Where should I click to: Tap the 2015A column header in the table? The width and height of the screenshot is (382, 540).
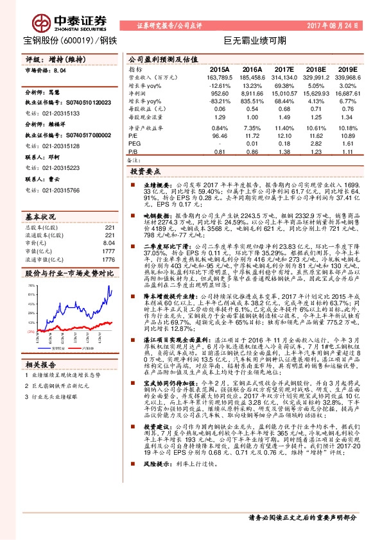pos(219,69)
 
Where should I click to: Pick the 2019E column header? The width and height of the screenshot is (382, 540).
pos(347,69)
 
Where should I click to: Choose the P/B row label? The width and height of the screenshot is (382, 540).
pos(134,152)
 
